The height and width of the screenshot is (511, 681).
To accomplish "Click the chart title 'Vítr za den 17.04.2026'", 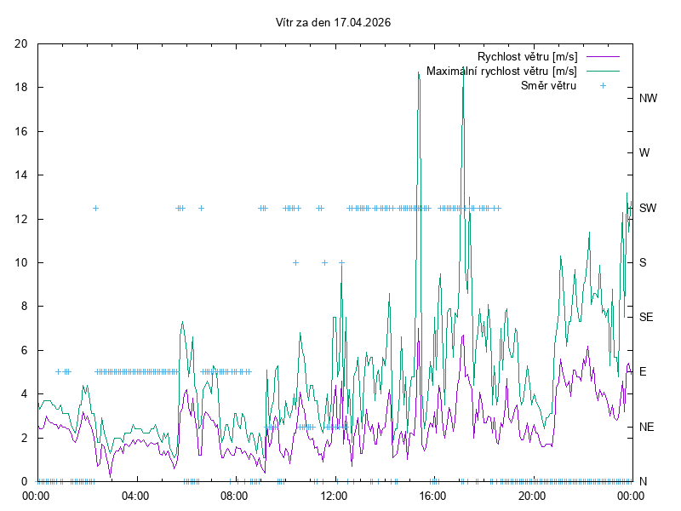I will point(334,23).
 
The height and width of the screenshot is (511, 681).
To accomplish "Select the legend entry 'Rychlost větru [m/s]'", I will point(527,56).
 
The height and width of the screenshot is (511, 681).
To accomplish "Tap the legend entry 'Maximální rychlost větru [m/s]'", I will point(501,71).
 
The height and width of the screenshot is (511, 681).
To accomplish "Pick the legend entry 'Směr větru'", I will point(547,85).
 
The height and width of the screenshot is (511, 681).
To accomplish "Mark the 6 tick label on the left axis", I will point(25,350).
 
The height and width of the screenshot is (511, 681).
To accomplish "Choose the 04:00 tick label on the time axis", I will point(135,495).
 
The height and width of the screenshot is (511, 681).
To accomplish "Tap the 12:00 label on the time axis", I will point(334,495).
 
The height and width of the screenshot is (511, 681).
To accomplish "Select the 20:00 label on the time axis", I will point(532,495).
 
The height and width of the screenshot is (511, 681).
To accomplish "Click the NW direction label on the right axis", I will point(648,99).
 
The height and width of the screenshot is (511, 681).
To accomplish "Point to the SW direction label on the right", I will point(648,208).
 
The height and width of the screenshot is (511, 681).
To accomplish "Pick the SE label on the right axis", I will point(646,317).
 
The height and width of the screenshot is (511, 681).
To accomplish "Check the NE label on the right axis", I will point(646,426).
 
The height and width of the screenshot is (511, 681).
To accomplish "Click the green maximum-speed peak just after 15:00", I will point(419,73).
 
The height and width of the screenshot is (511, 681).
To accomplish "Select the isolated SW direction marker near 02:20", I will point(95,208).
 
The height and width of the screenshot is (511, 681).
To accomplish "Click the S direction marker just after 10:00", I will point(295,262).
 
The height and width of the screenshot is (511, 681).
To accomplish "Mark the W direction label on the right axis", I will point(644,153).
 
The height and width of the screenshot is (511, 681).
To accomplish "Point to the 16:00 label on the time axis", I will point(433,495).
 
